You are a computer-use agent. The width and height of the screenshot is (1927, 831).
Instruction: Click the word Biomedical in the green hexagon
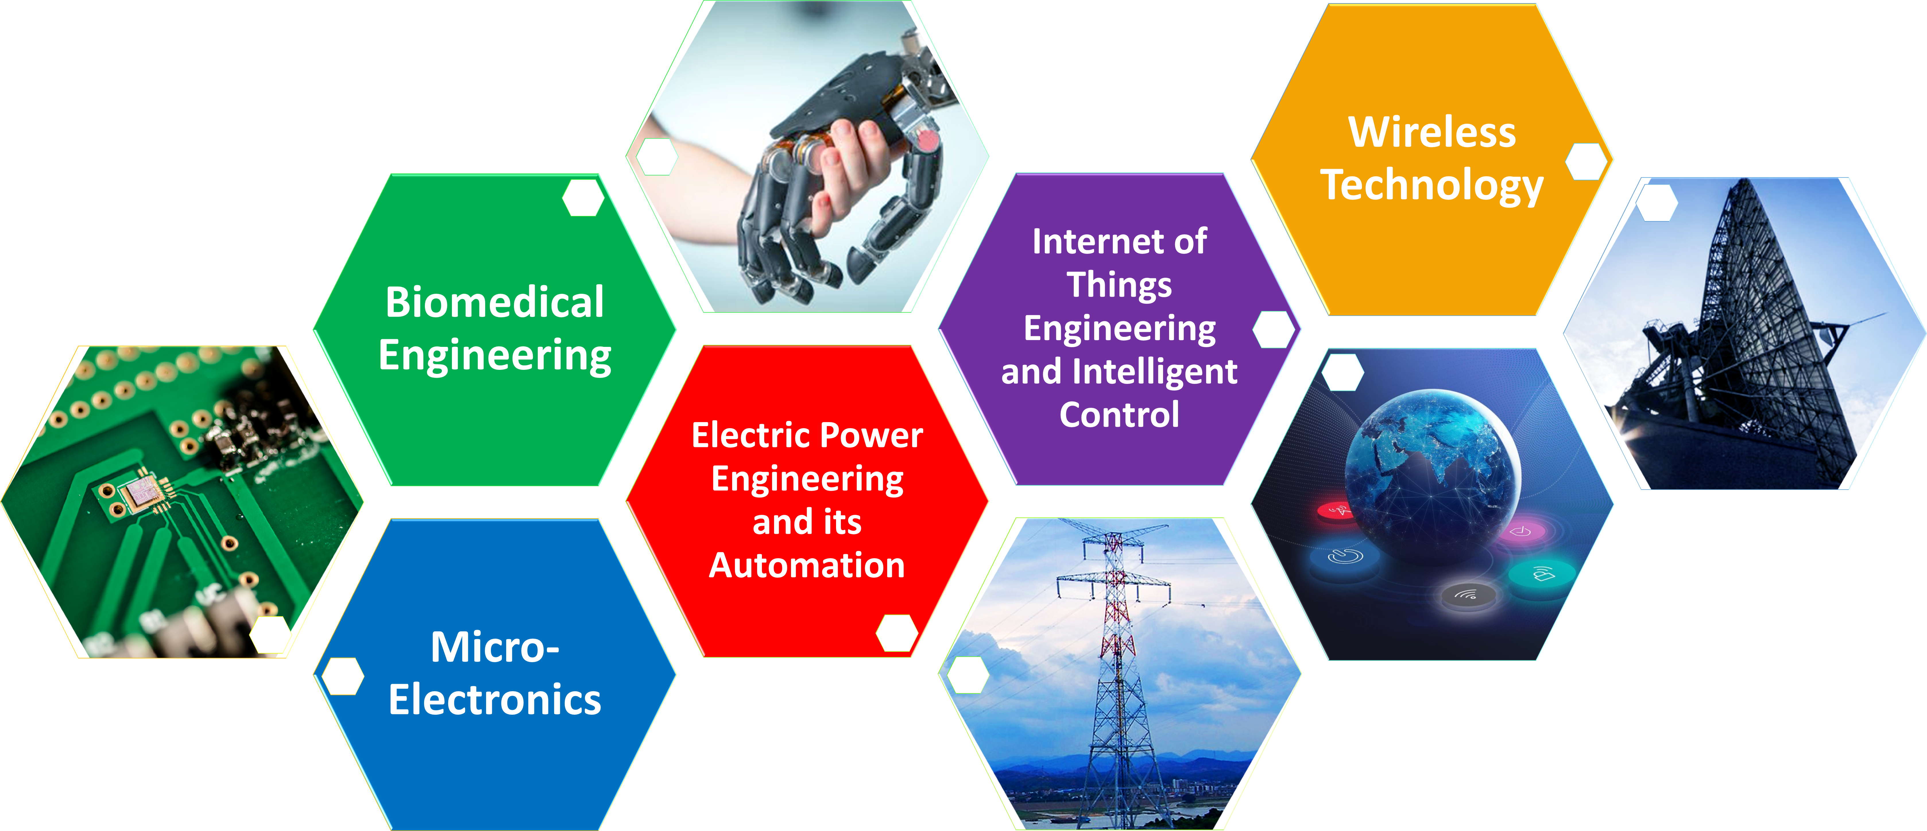pyautogui.click(x=494, y=302)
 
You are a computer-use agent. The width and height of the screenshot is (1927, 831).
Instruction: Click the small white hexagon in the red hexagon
pyautogui.click(x=897, y=633)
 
